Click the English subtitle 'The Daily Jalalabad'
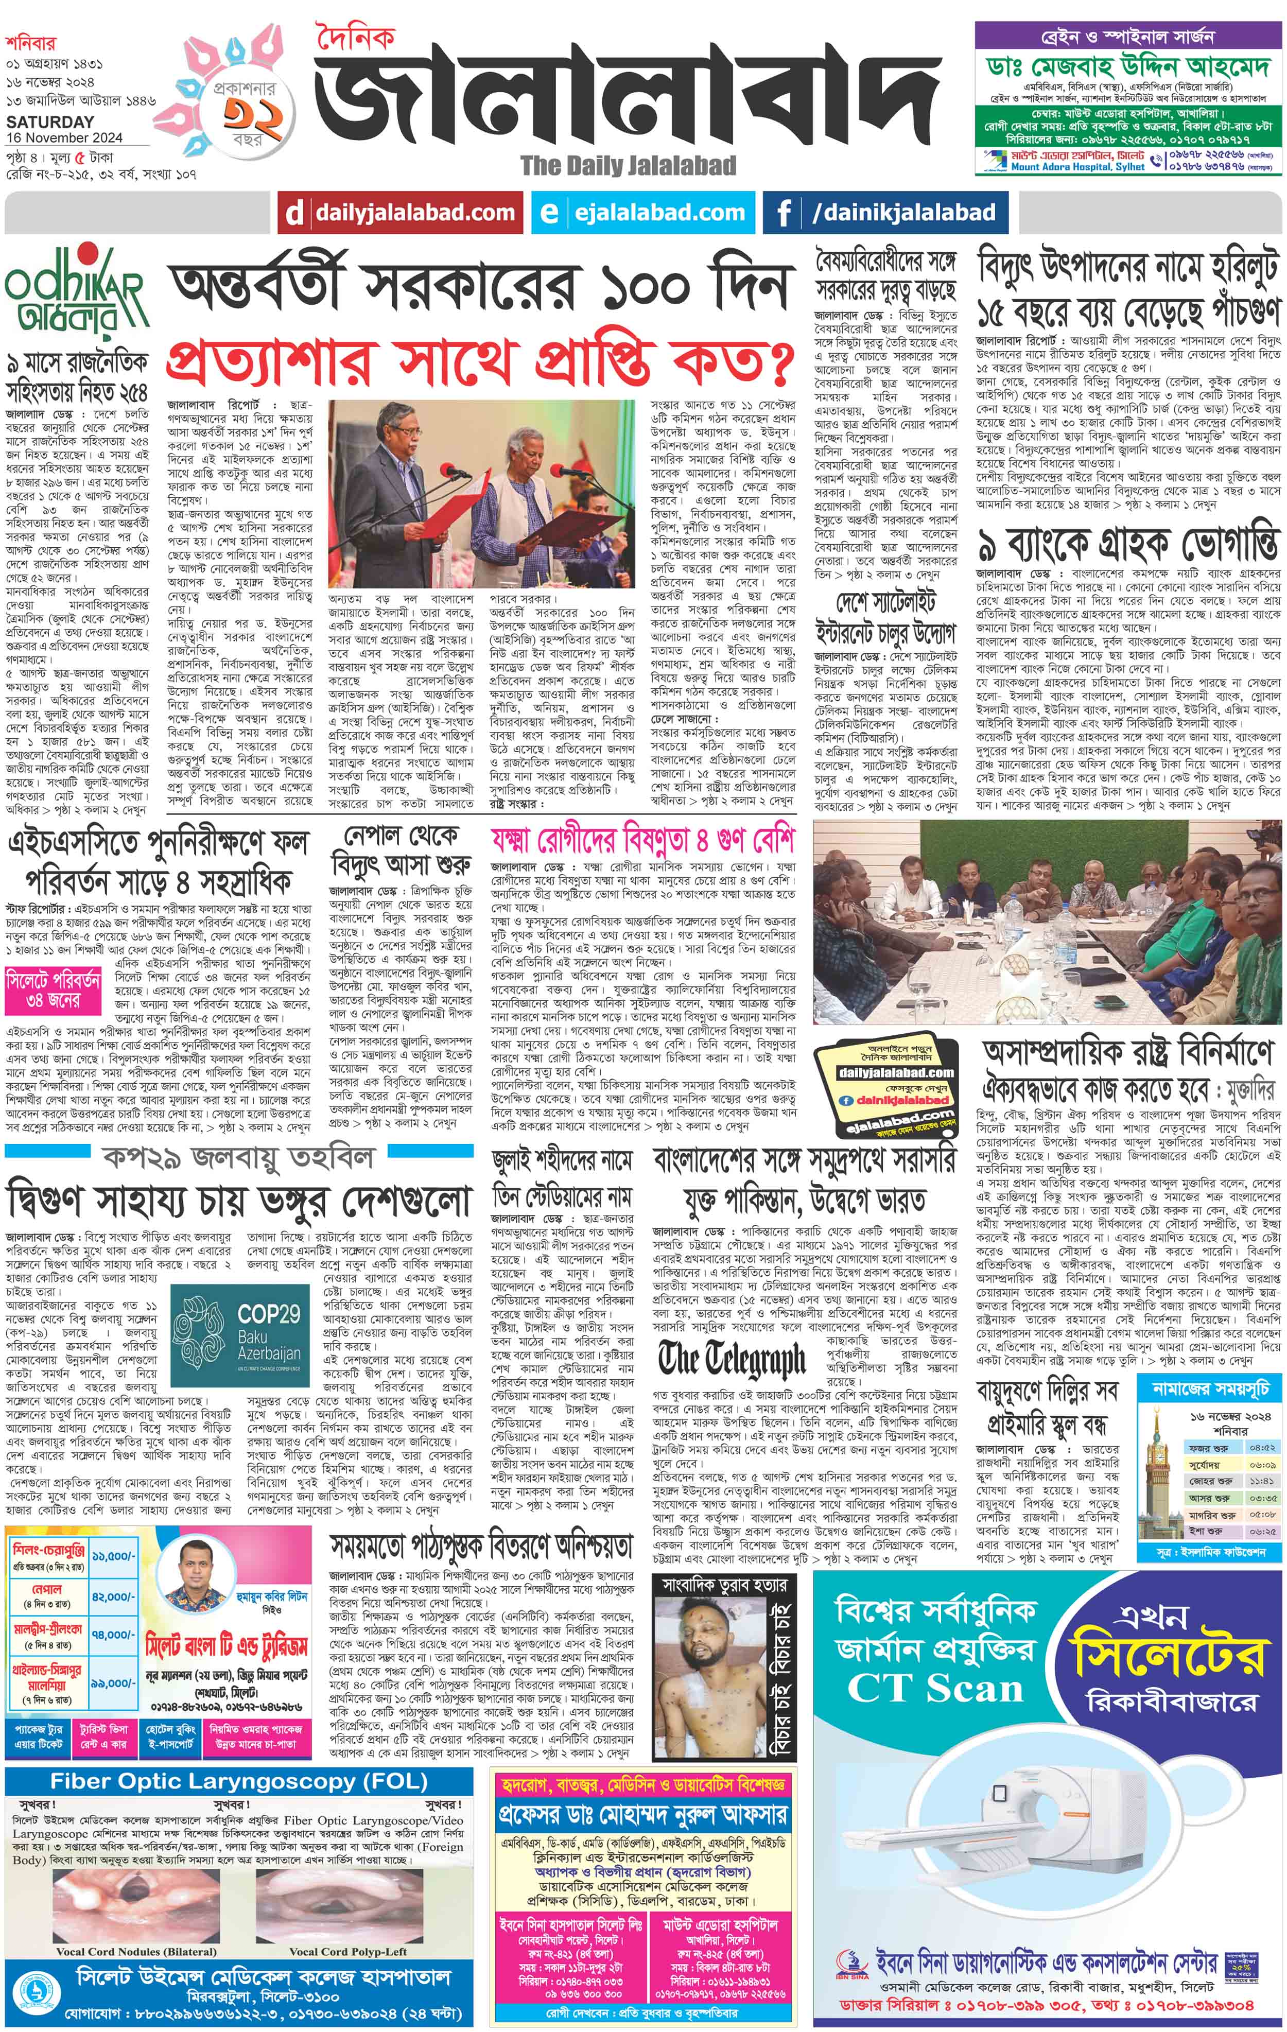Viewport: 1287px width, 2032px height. pyautogui.click(x=628, y=165)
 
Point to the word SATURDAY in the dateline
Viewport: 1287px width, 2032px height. pyautogui.click(x=50, y=121)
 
